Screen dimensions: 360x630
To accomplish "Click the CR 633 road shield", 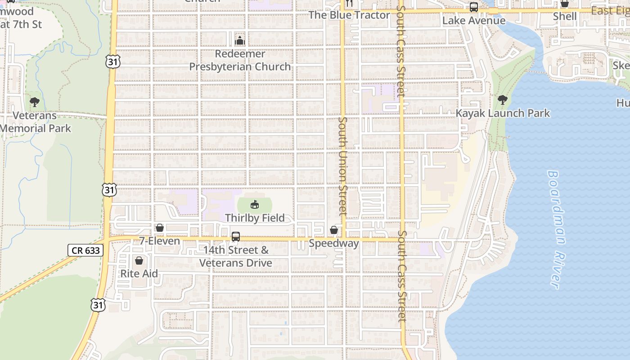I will (85, 250).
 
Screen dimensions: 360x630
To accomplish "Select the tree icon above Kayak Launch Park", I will (502, 100).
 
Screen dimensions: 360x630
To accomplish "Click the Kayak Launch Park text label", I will (503, 113).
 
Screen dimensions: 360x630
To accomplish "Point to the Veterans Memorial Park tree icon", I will (35, 102).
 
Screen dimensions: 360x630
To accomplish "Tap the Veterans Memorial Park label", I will (35, 122).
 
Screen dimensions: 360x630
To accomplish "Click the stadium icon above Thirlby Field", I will (254, 205).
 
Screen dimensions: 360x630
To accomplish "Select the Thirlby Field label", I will (255, 218).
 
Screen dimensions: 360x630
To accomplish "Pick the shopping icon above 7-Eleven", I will (159, 228).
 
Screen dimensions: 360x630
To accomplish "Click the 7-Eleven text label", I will (159, 241).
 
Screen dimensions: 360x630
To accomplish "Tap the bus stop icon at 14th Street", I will (235, 237).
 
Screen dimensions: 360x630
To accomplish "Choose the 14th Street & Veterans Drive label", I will (236, 256).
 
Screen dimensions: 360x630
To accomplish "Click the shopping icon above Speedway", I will (334, 230).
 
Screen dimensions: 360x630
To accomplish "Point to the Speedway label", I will (334, 243).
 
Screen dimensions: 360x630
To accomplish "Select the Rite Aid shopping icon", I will (139, 261).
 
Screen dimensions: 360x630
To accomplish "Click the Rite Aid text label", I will (139, 274).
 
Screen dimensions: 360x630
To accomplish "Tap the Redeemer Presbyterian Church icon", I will (240, 40).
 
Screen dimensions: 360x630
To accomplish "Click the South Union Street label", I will (343, 165).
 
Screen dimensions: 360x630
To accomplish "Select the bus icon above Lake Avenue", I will (473, 7).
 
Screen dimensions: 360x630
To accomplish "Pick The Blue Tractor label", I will (349, 15).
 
